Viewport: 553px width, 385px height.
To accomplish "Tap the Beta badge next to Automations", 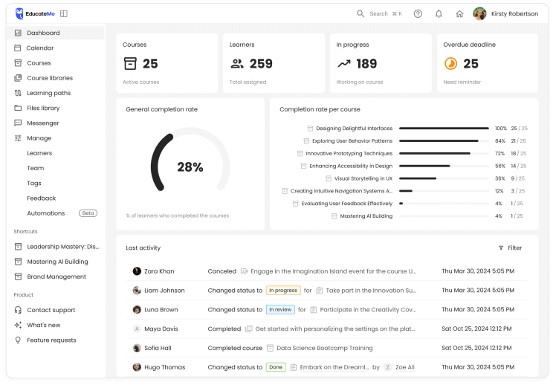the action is [x=88, y=213].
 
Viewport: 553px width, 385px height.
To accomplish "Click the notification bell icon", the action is [x=439, y=13].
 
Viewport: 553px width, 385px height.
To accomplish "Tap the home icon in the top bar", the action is [x=459, y=13].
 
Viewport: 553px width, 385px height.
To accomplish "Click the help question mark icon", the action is [x=418, y=13].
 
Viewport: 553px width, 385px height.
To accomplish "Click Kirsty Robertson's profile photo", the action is [x=479, y=13].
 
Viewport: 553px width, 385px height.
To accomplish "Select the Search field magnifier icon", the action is [x=360, y=13].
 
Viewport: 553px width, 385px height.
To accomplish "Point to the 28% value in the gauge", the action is [x=190, y=167].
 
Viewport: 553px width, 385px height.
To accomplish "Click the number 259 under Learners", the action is [x=261, y=64].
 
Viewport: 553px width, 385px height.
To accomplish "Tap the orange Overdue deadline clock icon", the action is [x=450, y=64].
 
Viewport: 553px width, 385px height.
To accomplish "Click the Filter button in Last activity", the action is [x=511, y=247].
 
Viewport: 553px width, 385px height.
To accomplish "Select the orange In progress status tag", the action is [x=283, y=290].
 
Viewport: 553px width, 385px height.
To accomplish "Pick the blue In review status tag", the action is [x=280, y=309].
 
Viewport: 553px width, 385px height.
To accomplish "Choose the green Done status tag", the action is [x=276, y=367].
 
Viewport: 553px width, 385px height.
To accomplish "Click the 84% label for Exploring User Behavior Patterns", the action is [x=500, y=141].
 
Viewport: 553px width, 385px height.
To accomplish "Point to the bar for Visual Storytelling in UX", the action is [x=418, y=178].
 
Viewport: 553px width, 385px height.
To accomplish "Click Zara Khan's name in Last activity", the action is [x=159, y=271].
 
